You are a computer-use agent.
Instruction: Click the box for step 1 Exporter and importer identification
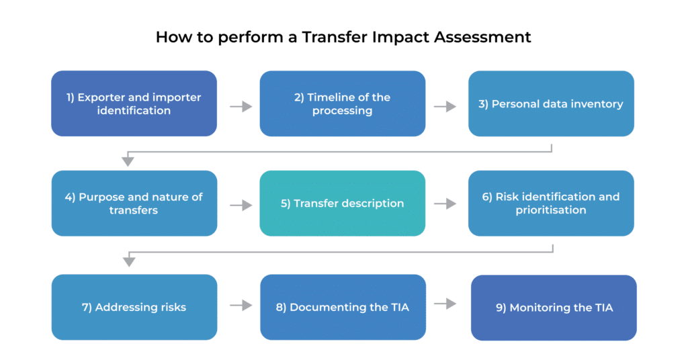click(134, 104)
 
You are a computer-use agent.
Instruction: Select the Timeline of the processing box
click(343, 104)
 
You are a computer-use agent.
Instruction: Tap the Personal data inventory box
click(551, 104)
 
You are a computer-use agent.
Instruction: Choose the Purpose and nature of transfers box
click(134, 204)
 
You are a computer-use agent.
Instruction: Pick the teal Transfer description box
click(343, 204)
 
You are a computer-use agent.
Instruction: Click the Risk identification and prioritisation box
click(551, 204)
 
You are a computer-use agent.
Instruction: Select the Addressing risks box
click(134, 307)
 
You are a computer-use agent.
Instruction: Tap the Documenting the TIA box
click(343, 307)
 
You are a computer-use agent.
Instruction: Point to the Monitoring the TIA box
click(554, 308)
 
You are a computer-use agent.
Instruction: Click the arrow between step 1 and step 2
click(241, 106)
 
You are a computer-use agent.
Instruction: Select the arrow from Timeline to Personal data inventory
click(445, 106)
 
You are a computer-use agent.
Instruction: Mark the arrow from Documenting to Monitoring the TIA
click(445, 304)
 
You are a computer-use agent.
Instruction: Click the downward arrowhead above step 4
click(128, 161)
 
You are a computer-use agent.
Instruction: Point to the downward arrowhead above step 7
click(128, 261)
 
